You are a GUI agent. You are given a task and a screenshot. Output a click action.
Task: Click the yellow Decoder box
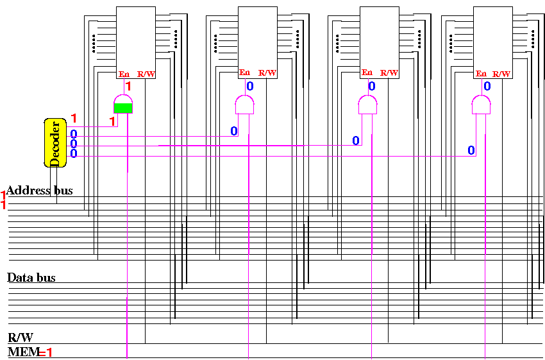(55, 142)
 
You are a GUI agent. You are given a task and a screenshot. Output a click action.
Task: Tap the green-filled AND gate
(122, 104)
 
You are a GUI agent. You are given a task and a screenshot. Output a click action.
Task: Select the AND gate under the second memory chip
(244, 105)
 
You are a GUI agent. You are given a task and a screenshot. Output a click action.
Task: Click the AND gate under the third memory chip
(367, 105)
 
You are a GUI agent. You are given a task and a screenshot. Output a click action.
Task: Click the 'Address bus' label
(40, 191)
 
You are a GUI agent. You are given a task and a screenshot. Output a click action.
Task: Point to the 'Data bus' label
(31, 278)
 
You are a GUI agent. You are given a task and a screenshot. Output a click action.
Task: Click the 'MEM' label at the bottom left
(22, 352)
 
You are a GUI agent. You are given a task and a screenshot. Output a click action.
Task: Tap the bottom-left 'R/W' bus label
(21, 338)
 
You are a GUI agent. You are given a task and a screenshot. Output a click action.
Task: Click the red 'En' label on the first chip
(124, 74)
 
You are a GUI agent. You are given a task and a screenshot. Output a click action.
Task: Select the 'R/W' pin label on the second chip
(267, 73)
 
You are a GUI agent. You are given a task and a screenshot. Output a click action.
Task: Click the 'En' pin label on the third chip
(367, 73)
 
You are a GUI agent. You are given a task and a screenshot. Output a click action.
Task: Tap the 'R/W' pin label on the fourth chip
(501, 73)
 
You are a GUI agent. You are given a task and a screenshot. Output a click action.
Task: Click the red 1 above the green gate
(128, 86)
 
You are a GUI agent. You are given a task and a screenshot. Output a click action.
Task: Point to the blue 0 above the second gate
(249, 86)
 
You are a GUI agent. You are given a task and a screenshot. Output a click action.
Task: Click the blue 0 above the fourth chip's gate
(487, 86)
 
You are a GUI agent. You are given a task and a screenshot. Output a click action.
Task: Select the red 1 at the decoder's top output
(74, 118)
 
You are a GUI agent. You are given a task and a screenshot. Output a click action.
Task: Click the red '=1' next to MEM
(46, 352)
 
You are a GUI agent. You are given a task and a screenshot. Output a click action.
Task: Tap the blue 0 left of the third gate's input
(356, 141)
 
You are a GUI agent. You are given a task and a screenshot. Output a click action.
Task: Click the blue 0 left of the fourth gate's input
(471, 150)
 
